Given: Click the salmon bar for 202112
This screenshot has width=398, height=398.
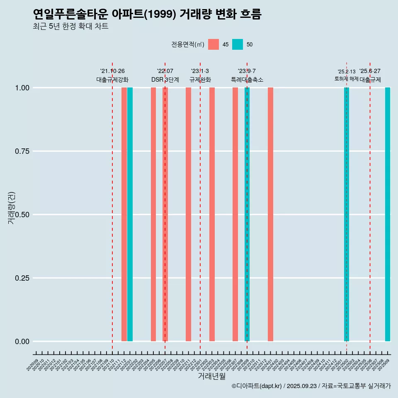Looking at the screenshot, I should pyautogui.click(x=124, y=214).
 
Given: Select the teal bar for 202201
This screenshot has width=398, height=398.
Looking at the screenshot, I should pyautogui.click(x=130, y=214).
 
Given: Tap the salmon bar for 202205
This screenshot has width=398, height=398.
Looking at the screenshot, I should pyautogui.click(x=153, y=214).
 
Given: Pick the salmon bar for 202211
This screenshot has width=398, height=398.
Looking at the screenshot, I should pyautogui.click(x=188, y=214).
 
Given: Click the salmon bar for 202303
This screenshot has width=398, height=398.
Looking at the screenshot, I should pyautogui.click(x=212, y=214).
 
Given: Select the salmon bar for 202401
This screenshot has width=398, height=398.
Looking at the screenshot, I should pyautogui.click(x=270, y=214).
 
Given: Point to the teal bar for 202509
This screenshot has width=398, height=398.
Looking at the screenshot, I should pyautogui.click(x=388, y=214).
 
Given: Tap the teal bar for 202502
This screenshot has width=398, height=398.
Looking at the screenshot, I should pyautogui.click(x=347, y=214).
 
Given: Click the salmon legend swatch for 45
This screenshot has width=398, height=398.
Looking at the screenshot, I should pyautogui.click(x=214, y=44).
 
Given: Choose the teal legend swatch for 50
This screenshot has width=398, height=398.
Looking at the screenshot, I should pyautogui.click(x=238, y=44).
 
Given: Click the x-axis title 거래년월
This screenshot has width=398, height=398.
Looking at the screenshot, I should pyautogui.click(x=211, y=376).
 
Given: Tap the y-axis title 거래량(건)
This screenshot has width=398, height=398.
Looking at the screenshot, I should pyautogui.click(x=11, y=207).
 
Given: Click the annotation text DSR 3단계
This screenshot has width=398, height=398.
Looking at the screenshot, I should pyautogui.click(x=165, y=80).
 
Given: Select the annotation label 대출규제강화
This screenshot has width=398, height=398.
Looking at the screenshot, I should pyautogui.click(x=112, y=80).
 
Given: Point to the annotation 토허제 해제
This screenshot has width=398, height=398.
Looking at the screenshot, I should pyautogui.click(x=347, y=79).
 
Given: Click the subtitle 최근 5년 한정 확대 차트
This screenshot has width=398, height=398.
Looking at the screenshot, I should pyautogui.click(x=70, y=27).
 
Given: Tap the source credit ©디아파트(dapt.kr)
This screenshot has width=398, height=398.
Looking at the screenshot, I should pyautogui.click(x=257, y=386).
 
